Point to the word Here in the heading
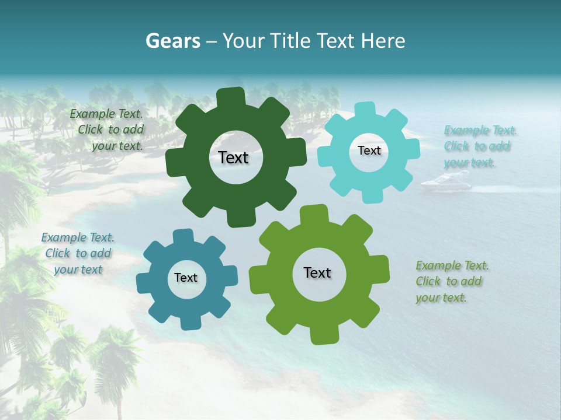click(x=383, y=41)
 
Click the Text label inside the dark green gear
click(x=233, y=157)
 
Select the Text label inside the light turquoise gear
click(x=369, y=150)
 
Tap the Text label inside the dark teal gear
click(x=186, y=278)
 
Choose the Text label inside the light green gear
click(x=317, y=272)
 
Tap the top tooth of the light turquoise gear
click(x=366, y=109)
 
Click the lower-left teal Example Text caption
click(x=78, y=254)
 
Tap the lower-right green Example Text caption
click(x=452, y=281)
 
